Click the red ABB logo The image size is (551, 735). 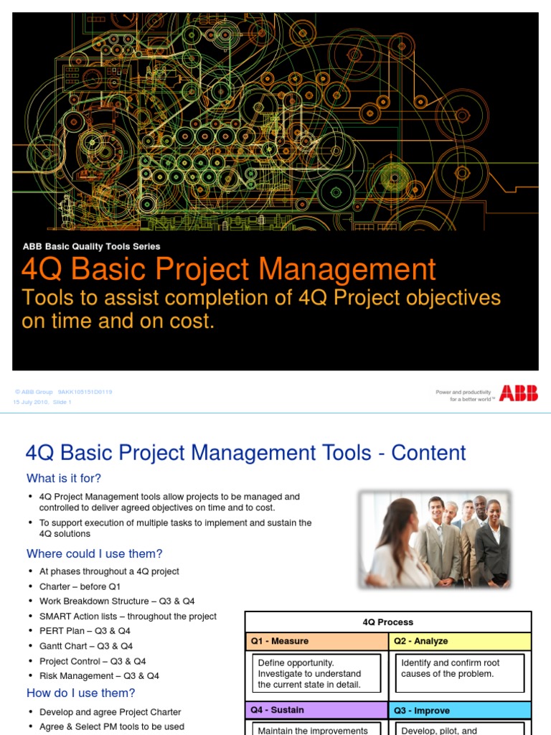519,393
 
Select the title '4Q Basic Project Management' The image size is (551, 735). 229,270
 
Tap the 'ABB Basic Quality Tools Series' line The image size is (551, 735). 92,246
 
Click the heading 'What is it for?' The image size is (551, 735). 64,478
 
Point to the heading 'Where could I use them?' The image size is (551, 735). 95,553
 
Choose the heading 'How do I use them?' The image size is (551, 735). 81,693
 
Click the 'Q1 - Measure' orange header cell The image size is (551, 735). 316,641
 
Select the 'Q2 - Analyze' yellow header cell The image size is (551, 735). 460,641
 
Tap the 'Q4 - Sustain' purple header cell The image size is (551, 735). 316,710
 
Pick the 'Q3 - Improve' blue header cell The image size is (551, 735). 460,710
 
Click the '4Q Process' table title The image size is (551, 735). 388,622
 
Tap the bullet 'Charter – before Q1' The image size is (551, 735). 75,586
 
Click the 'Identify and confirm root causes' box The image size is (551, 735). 460,669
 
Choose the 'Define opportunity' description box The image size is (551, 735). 316,673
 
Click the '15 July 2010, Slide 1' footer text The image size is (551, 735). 43,402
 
